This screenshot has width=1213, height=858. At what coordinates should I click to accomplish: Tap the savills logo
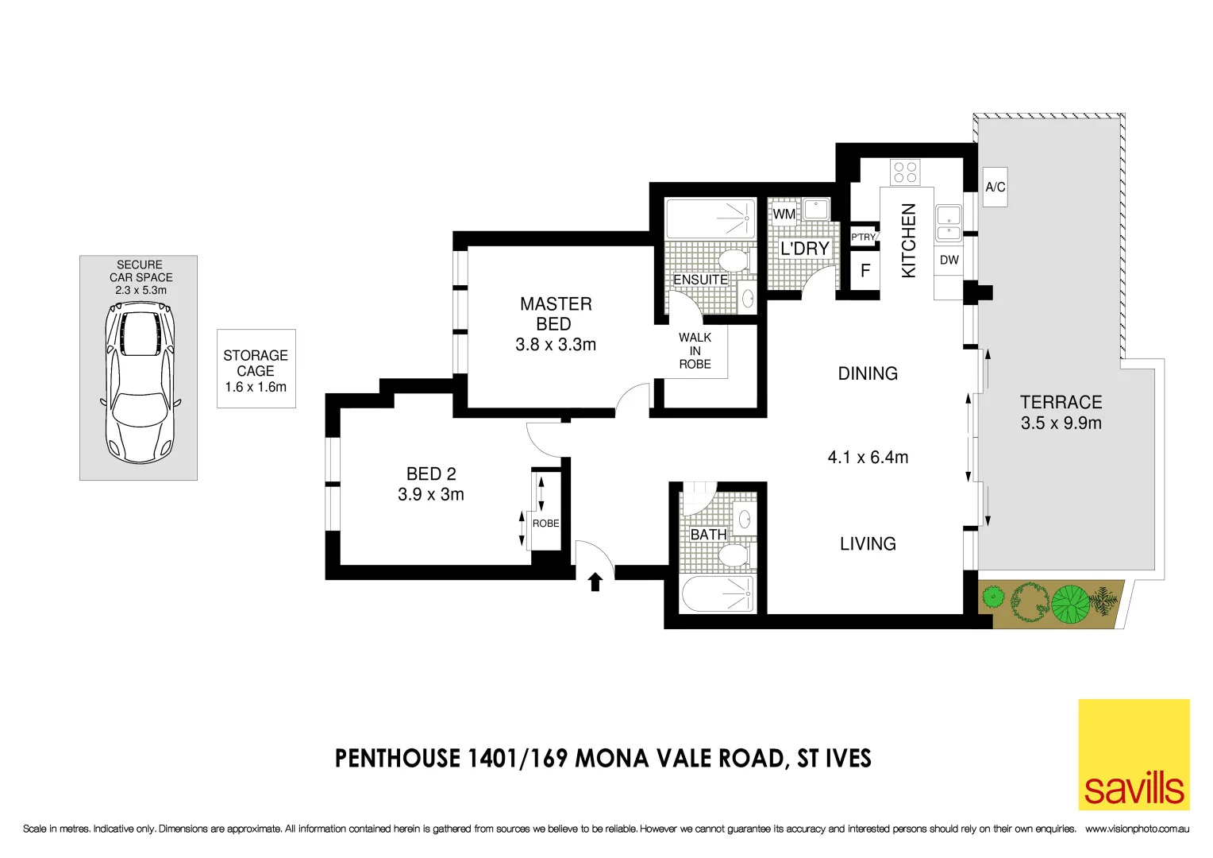point(1134,755)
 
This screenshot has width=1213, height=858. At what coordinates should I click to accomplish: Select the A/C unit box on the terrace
point(995,187)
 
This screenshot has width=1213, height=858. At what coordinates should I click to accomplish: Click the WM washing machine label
point(784,214)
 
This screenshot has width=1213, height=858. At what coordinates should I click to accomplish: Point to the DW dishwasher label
point(949,261)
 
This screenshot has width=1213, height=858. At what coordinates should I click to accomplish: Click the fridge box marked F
point(865,271)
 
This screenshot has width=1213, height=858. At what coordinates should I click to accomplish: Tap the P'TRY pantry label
point(863,237)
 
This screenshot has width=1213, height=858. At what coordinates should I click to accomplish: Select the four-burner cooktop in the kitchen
point(905,172)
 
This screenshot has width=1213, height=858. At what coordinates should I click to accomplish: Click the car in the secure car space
point(141,386)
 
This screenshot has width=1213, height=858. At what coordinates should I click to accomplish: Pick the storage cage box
point(256,369)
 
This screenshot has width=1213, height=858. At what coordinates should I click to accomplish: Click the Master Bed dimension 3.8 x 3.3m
point(556,345)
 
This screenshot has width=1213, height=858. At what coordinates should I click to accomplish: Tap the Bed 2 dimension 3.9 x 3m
point(431,494)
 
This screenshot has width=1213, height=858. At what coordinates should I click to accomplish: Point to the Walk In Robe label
point(695,350)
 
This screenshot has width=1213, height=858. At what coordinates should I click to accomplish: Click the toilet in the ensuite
point(733,260)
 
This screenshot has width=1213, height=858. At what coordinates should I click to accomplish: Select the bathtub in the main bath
point(718,593)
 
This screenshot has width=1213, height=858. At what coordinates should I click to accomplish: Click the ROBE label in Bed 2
point(545,524)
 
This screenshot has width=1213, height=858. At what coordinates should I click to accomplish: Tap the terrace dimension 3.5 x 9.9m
point(1061,423)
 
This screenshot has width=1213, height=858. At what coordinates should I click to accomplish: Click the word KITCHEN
point(909,241)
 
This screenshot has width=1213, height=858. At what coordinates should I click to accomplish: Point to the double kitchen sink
point(948,223)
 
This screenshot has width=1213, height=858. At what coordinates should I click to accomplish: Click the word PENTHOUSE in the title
point(398,759)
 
